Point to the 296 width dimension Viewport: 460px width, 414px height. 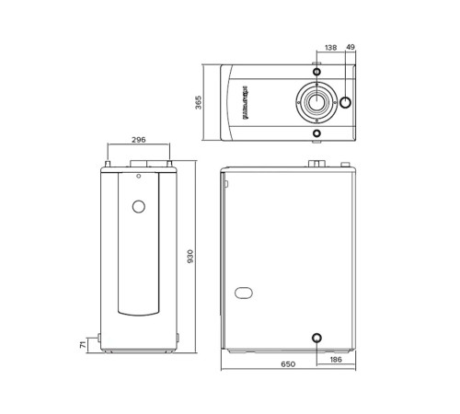pos(138,140)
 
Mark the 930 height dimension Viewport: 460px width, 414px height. pos(191,257)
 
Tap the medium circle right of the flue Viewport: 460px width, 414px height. pos(347,102)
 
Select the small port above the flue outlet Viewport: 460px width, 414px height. pos(316,71)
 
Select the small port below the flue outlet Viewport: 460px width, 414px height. pos(316,132)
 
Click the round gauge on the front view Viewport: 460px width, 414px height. pos(138,206)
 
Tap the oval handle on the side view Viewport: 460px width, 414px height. pos(244,294)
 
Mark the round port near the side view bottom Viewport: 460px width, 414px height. pos(316,339)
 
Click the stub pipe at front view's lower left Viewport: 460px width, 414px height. pos(99,336)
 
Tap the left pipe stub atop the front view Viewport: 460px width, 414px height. pos(109,166)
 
